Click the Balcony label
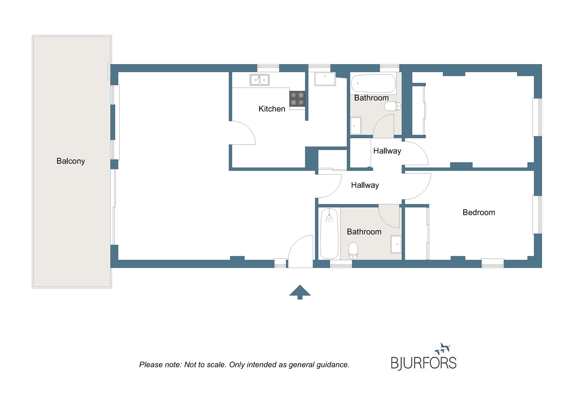71,161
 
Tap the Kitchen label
272,109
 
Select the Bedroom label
479,212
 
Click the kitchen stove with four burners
297,99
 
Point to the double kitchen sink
260,80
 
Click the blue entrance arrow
300,292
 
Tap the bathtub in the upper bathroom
373,83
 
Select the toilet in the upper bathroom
392,106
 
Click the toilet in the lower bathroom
353,250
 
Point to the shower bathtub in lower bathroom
329,233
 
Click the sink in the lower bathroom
396,244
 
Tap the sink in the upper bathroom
356,126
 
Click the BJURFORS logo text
424,363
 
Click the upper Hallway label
387,151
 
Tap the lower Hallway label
365,185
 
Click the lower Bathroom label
364,232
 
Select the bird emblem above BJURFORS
443,349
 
